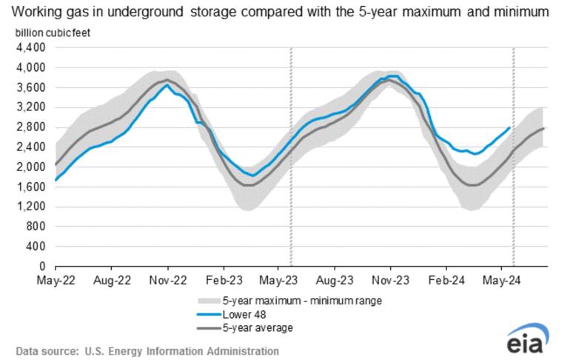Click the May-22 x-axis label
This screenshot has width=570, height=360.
coord(56,281)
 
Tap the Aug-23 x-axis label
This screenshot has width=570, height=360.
coord(335,281)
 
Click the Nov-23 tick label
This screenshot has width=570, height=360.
coord(390,281)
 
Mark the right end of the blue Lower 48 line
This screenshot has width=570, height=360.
coord(509,128)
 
